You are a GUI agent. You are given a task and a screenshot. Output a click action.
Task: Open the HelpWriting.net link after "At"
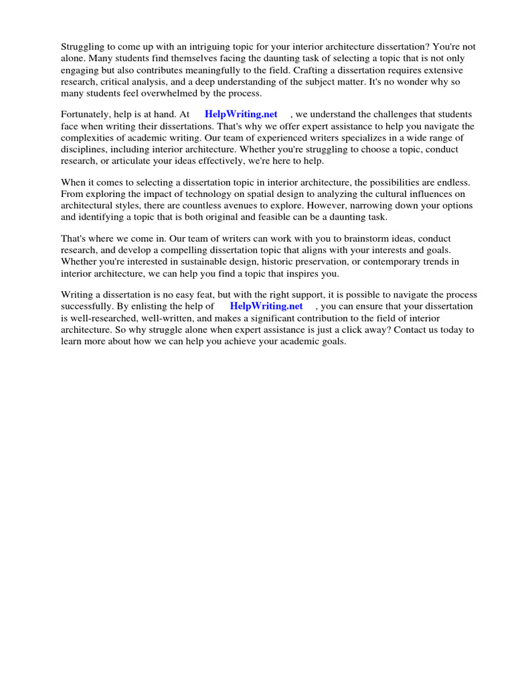[x=241, y=115]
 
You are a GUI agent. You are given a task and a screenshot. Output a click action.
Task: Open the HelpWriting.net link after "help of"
[x=266, y=306]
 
